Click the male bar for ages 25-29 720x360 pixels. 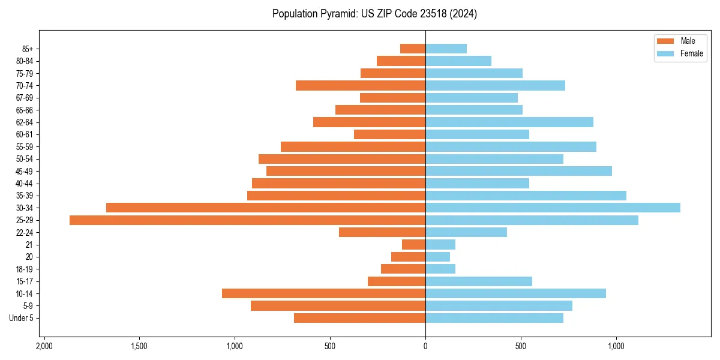pos(247,220)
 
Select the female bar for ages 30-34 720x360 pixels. pos(553,208)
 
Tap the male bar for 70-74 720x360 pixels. pos(361,85)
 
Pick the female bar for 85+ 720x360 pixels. pos(446,49)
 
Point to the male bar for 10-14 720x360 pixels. pos(323,293)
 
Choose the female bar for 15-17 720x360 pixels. pos(479,281)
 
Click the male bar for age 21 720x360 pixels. pos(414,245)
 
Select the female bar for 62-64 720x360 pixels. pos(509,122)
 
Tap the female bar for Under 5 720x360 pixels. pos(494,318)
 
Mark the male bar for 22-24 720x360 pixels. pos(382,232)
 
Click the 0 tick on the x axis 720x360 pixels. pos(425,347)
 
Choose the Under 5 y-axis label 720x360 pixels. pos(22,318)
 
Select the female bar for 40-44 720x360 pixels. pos(477,184)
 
